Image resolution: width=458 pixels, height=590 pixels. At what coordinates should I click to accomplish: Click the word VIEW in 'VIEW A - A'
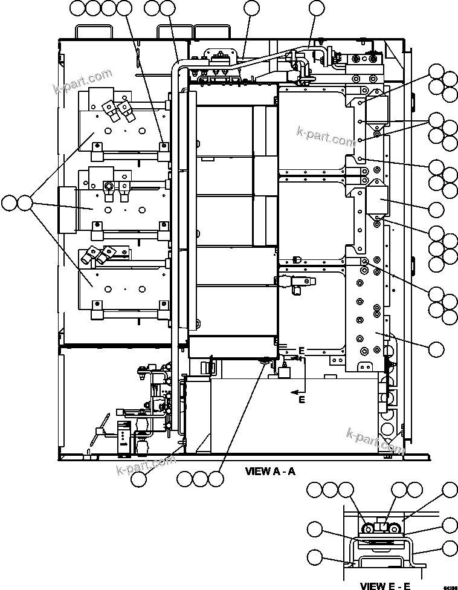click(257, 472)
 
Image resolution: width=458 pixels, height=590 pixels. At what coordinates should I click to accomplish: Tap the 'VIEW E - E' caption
click(385, 585)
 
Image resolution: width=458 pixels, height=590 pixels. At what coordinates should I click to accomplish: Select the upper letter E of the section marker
click(302, 351)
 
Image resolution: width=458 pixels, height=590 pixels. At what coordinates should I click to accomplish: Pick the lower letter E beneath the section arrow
click(302, 400)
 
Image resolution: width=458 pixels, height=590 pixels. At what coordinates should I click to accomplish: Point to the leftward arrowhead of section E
click(294, 392)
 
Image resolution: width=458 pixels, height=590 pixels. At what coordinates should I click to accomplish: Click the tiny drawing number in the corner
click(450, 586)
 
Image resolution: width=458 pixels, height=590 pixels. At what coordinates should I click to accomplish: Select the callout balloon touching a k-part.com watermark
click(139, 478)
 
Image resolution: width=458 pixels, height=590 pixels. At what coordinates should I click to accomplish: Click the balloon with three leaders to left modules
click(25, 203)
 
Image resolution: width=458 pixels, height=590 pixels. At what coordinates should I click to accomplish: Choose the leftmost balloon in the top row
click(78, 8)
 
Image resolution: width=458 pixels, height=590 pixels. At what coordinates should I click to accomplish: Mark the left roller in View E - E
click(367, 530)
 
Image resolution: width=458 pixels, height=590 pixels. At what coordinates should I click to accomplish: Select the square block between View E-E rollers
click(381, 527)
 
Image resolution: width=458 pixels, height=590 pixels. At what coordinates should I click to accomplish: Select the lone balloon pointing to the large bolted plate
click(436, 349)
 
